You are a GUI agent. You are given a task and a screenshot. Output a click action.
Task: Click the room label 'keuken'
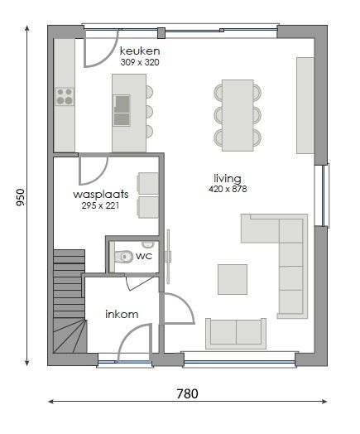[138, 51]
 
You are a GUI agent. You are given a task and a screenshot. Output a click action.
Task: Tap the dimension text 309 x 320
[138, 62]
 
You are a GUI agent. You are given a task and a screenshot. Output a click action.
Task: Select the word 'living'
[228, 178]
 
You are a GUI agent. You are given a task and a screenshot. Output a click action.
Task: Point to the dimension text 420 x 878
[228, 189]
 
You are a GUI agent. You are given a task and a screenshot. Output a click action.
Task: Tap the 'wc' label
[143, 257]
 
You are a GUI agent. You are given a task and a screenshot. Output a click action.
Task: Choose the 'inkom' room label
[121, 314]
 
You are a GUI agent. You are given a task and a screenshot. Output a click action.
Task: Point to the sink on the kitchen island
[122, 104]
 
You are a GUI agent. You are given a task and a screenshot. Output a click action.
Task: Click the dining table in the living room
[237, 114]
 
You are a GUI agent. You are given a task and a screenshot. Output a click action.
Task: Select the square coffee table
[233, 278]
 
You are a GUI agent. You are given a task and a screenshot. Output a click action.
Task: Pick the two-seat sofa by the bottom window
[237, 332]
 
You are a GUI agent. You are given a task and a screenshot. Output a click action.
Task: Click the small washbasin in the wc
[148, 245]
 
